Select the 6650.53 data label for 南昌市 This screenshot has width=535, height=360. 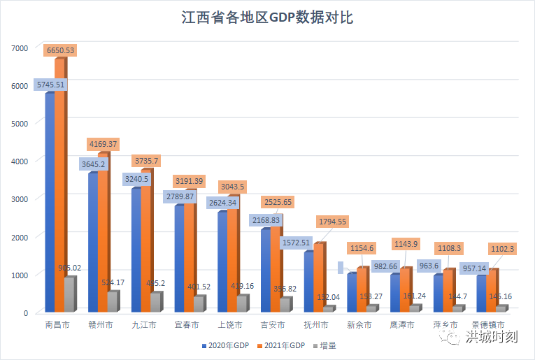click(x=59, y=50)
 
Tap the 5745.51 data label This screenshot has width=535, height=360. click(x=50, y=85)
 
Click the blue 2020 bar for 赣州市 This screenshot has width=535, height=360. click(x=92, y=241)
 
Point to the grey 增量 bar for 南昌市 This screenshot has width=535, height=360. click(x=69, y=294)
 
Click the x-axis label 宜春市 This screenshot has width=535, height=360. click(x=186, y=324)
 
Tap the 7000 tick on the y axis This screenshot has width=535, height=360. click(x=19, y=48)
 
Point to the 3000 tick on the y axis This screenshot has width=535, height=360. click(x=19, y=199)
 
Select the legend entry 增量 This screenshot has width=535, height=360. click(x=327, y=345)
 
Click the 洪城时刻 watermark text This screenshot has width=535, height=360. click(x=492, y=337)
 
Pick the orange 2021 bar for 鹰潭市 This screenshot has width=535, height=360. click(x=404, y=289)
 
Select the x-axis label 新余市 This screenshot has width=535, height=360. click(x=359, y=324)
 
